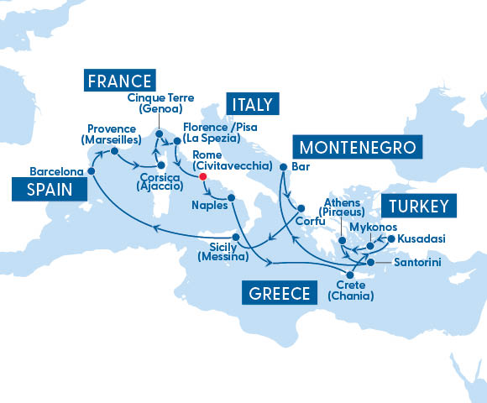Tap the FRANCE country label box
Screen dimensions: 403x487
click(119, 81)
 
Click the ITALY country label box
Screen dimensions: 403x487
click(250, 104)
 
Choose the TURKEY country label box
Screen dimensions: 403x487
click(417, 206)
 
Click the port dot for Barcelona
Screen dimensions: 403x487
click(91, 171)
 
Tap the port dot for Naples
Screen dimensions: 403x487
click(233, 200)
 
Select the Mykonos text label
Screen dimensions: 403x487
click(370, 226)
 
